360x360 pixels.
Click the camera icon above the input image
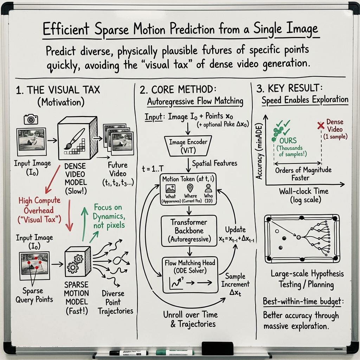point(31,120)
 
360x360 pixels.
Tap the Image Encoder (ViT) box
point(188,146)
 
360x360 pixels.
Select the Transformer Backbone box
point(188,231)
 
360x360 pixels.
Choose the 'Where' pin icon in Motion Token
point(190,188)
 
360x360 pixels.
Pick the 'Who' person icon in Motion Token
point(208,188)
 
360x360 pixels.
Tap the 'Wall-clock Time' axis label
point(303,191)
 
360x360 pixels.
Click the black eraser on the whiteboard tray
point(215,348)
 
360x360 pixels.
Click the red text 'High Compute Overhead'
point(39,205)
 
